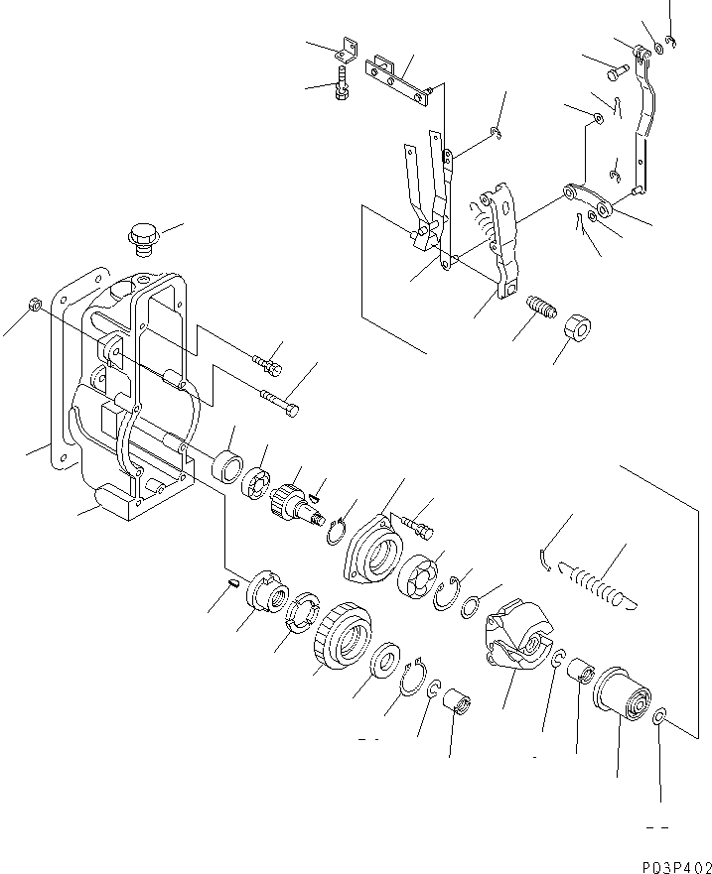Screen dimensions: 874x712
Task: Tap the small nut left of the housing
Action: (x=33, y=304)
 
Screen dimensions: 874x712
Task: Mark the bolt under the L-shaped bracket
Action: (x=343, y=81)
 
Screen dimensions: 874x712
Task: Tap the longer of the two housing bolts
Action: (x=279, y=403)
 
